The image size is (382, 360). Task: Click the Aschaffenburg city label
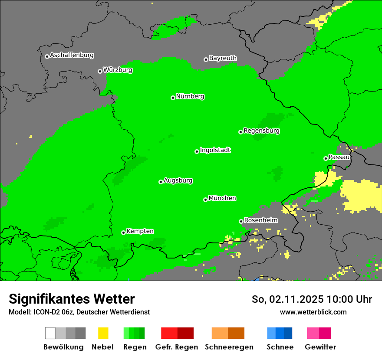72,56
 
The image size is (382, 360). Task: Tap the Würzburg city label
118,70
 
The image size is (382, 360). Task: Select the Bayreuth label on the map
223,58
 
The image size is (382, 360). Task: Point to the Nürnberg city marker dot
173,98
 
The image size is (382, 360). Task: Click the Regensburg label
261,131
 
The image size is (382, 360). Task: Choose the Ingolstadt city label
215,151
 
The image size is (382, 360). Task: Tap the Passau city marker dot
326,158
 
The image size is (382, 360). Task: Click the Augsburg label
178,181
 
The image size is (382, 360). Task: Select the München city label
222,198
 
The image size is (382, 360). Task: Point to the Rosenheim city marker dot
241,221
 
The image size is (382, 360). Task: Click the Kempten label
140,231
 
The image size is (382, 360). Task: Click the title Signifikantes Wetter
72,299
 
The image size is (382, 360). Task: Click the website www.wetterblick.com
313,312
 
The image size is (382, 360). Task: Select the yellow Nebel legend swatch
103,333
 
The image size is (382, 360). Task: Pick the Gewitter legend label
320,347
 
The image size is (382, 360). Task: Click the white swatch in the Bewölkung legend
50,333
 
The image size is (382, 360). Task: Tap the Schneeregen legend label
229,347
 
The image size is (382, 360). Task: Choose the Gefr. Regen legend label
176,347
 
